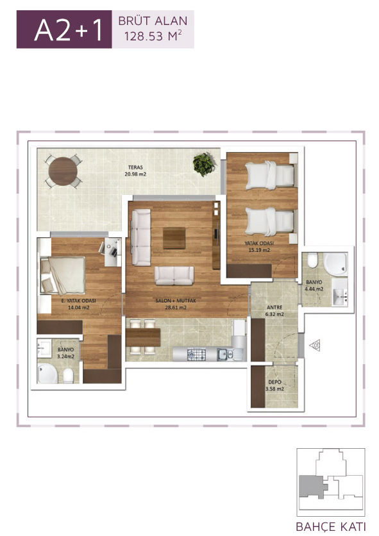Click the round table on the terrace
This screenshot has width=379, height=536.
point(63,171)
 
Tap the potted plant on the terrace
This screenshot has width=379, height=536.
point(204,164)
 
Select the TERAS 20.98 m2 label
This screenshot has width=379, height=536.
point(135,171)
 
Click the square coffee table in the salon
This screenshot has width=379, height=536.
point(174,238)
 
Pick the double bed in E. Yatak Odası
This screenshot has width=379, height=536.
point(63,276)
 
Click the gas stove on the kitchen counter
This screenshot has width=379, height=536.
point(196,354)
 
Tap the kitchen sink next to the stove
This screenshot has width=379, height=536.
point(226,354)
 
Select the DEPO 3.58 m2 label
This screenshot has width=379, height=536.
point(274,385)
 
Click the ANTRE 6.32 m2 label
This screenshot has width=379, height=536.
point(274,311)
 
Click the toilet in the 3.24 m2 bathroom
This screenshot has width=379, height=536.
point(68,376)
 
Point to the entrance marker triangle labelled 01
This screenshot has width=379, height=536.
point(315,345)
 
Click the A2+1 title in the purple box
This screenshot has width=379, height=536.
point(68,30)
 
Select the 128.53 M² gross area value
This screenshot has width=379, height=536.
point(153,36)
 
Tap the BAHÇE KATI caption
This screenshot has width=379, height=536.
point(331,526)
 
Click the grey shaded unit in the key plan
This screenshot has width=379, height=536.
point(311,487)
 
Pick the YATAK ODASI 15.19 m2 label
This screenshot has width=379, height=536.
point(259,246)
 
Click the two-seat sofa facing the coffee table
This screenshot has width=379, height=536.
point(174,276)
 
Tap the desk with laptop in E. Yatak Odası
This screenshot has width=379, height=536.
point(112,252)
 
